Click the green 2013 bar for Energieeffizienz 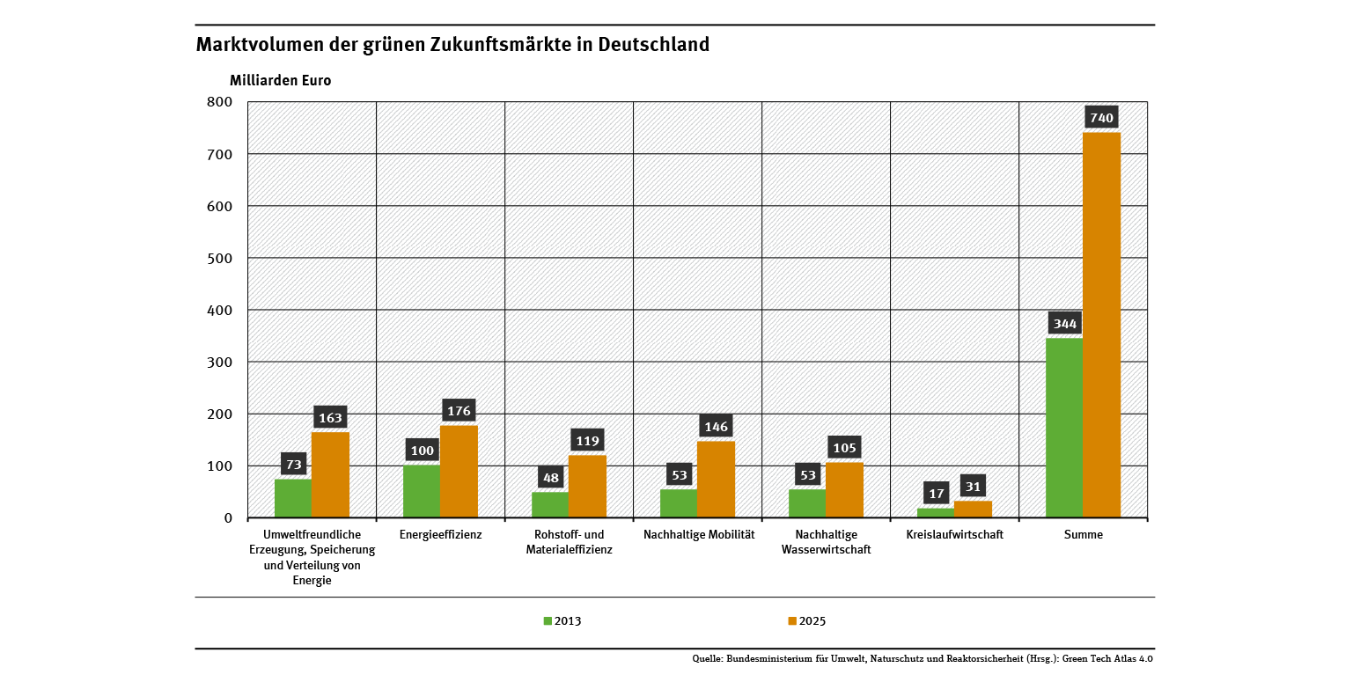pyautogui.click(x=422, y=491)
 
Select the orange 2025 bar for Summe pyautogui.click(x=1101, y=325)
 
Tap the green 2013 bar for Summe pyautogui.click(x=1063, y=428)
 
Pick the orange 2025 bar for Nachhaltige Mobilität pyautogui.click(x=716, y=479)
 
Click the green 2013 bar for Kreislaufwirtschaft pyautogui.click(x=935, y=513)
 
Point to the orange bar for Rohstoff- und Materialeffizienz pyautogui.click(x=587, y=486)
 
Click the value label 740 pyautogui.click(x=1101, y=118)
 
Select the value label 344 pyautogui.click(x=1064, y=324)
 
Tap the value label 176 pyautogui.click(x=459, y=411)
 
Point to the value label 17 pyautogui.click(x=936, y=494)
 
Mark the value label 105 pyautogui.click(x=844, y=448)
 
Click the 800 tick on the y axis pyautogui.click(x=218, y=102)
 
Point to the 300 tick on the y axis pyautogui.click(x=218, y=362)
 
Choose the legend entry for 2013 pyautogui.click(x=562, y=621)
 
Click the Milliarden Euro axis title pyautogui.click(x=280, y=80)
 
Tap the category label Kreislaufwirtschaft pyautogui.click(x=954, y=534)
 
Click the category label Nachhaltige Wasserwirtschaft pyautogui.click(x=826, y=542)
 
